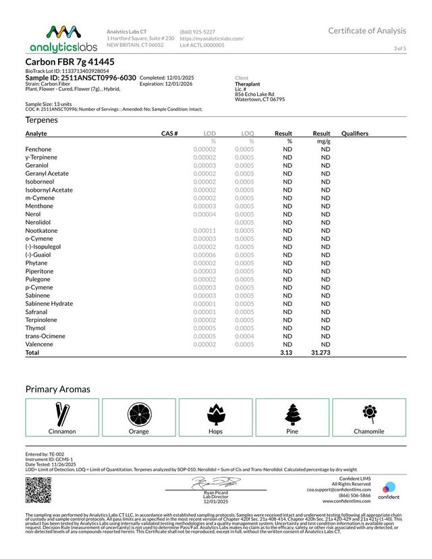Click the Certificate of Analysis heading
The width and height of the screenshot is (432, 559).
tap(367, 30)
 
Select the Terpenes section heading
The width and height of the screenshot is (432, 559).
tap(41, 120)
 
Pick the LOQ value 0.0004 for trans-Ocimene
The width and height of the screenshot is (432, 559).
tap(244, 336)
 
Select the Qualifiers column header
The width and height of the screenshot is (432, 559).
tap(355, 134)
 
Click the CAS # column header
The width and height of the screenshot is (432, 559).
tap(169, 134)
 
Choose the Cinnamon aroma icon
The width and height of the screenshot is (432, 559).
tap(62, 413)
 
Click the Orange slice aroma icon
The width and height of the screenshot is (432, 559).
tap(139, 413)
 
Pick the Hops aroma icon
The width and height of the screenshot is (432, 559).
tap(215, 413)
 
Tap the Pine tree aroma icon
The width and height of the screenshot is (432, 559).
tap(292, 413)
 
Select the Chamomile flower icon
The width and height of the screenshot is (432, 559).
tap(369, 412)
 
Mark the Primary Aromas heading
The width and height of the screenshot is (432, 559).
tap(57, 389)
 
